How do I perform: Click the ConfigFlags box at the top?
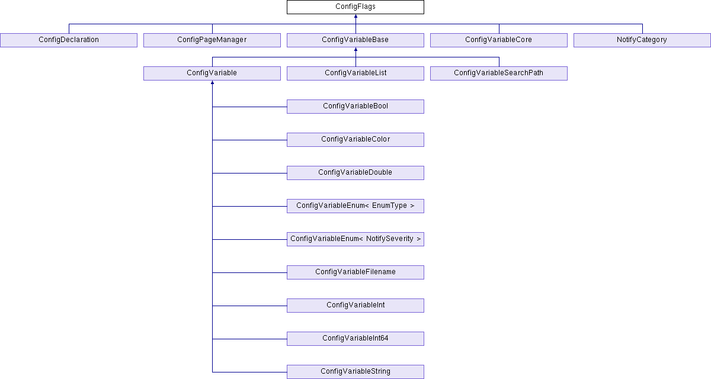coord(355,7)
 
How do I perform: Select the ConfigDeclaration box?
coord(69,40)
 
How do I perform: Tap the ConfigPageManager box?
coord(212,40)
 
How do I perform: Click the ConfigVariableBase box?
coord(355,40)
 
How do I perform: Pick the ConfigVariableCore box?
coord(499,40)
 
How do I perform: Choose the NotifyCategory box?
coord(642,40)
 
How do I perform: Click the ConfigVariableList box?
coord(355,73)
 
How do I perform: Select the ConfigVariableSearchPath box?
coord(499,73)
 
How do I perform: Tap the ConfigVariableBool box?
coord(355,107)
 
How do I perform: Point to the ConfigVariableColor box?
coord(355,140)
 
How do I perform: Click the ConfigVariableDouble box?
coord(355,173)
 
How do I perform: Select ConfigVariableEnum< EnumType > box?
coord(355,206)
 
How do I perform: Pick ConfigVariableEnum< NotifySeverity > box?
coord(355,239)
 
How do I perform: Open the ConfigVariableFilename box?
coord(355,272)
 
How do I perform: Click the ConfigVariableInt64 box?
coord(355,339)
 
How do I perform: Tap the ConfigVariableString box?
coord(355,372)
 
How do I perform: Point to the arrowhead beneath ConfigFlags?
coord(355,16)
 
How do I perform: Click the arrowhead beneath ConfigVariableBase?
coord(355,49)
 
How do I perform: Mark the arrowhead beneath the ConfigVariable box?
coord(212,82)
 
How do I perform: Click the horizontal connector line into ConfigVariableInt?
coord(249,306)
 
